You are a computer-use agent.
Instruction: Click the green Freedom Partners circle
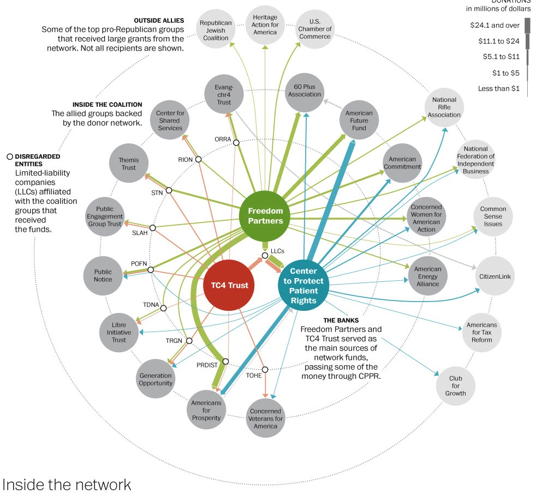tap(265, 216)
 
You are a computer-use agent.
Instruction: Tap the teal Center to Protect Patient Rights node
tap(303, 286)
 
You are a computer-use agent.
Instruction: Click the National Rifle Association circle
tap(444, 107)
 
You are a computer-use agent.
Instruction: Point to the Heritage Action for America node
tap(265, 25)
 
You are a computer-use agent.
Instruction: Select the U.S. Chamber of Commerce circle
tap(315, 29)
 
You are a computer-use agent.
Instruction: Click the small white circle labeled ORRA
tap(236, 143)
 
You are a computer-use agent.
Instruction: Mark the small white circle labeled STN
tap(169, 190)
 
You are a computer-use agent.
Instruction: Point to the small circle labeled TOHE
tap(265, 370)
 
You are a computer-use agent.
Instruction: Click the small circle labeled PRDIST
tap(225, 362)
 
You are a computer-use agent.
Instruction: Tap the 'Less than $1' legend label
tap(499, 88)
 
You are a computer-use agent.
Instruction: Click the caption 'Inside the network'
tap(67, 484)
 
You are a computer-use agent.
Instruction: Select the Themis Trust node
tap(128, 164)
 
